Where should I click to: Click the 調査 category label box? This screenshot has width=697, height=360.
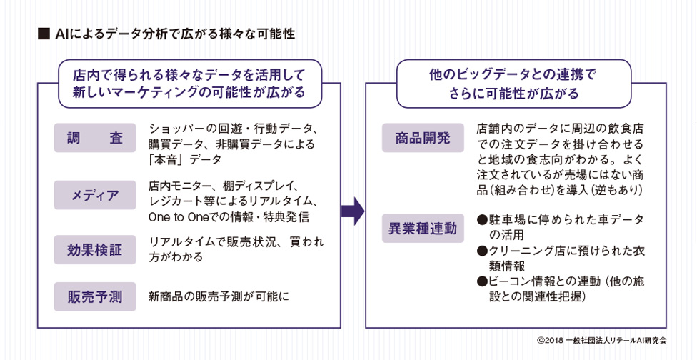95,138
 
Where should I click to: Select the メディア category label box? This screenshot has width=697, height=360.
95,195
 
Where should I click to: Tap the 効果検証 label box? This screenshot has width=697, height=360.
95,250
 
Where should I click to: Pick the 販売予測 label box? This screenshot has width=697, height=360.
95,296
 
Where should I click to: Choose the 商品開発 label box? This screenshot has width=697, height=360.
423,138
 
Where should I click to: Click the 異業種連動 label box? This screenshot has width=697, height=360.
423,229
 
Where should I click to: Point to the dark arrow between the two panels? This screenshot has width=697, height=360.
353,211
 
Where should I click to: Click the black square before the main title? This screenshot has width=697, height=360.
44,34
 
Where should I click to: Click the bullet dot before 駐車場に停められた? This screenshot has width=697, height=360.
482,219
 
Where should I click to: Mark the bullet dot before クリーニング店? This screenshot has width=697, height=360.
482,251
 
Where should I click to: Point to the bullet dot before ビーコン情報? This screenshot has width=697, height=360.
482,281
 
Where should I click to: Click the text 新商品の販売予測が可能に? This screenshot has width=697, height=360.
219,296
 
